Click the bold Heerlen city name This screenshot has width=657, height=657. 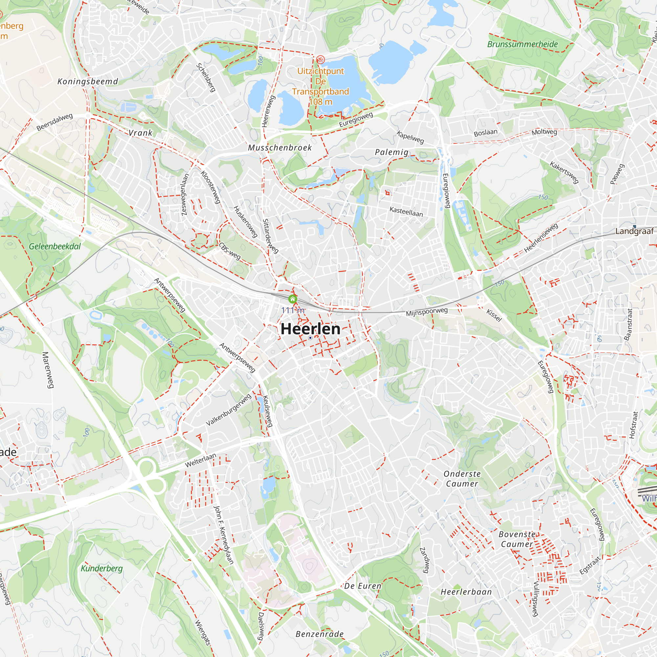(x=310, y=329)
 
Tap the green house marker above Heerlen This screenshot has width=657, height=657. (x=292, y=299)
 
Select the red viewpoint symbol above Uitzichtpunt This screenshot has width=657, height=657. (x=320, y=60)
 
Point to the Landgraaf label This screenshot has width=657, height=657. (x=635, y=231)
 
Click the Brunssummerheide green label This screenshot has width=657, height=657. (x=522, y=44)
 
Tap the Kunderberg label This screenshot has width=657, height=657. (x=102, y=568)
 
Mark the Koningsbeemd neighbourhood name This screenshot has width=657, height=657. (x=88, y=81)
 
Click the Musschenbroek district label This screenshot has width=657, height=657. (x=280, y=147)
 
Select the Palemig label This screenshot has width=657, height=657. (x=392, y=152)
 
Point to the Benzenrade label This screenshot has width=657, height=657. (x=320, y=634)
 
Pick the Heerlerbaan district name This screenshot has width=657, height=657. (x=466, y=592)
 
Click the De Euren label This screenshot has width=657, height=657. (x=363, y=586)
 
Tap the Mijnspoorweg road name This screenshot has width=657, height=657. (x=427, y=312)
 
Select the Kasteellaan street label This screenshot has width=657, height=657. (x=406, y=212)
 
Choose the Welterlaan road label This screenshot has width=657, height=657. (x=201, y=461)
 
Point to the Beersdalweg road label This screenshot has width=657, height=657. (x=55, y=122)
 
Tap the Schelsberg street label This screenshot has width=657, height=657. (x=206, y=78)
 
